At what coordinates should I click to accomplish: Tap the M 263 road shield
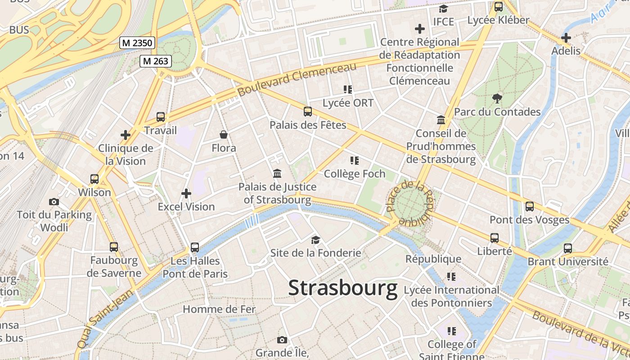[155, 61]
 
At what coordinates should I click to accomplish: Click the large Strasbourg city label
[343, 288]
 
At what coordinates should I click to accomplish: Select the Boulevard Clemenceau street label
[297, 79]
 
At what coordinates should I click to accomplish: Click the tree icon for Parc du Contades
[497, 98]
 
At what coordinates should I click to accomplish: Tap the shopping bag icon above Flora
[224, 135]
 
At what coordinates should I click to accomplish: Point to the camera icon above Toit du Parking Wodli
[54, 202]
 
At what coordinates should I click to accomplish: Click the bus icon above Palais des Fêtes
[308, 112]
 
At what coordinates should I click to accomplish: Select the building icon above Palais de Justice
[277, 174]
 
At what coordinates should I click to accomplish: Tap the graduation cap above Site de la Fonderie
[315, 240]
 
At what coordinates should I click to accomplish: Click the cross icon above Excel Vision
[186, 193]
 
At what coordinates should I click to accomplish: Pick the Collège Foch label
[355, 174]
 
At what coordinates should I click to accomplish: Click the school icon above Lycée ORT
[347, 90]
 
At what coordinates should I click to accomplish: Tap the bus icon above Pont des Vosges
[530, 207]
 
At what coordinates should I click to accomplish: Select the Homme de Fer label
[219, 309]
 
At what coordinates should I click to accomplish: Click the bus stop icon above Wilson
[94, 179]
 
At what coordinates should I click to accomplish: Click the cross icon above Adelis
[566, 38]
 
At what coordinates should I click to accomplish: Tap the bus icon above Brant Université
[568, 248]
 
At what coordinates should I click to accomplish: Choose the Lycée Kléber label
[498, 20]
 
